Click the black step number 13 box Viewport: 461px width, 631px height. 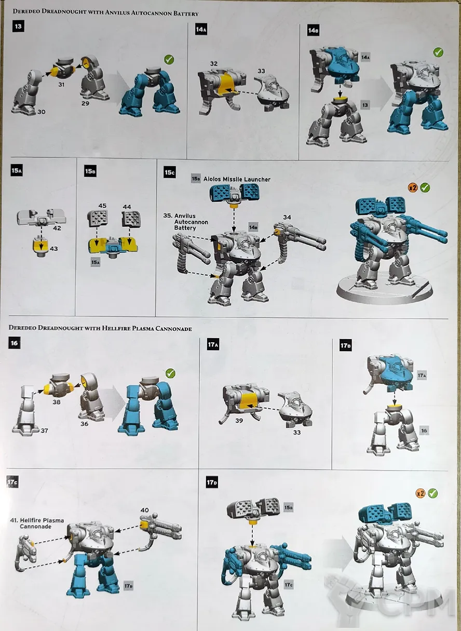pyautogui.click(x=18, y=26)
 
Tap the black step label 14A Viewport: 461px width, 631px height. pyautogui.click(x=201, y=29)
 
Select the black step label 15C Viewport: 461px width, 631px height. pyautogui.click(x=170, y=172)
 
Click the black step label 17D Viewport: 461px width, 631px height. pyautogui.click(x=212, y=482)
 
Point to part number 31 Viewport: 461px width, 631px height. pyautogui.click(x=61, y=84)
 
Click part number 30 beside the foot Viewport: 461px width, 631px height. pyautogui.click(x=42, y=112)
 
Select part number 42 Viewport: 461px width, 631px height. pyautogui.click(x=57, y=228)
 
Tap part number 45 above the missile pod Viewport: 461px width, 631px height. pyautogui.click(x=102, y=206)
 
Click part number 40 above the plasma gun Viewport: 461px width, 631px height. pyautogui.click(x=144, y=510)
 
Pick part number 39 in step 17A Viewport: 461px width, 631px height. pyautogui.click(x=239, y=421)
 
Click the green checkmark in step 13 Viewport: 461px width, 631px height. pyautogui.click(x=169, y=60)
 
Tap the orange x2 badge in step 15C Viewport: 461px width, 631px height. pyautogui.click(x=413, y=187)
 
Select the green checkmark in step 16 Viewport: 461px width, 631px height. pyautogui.click(x=170, y=373)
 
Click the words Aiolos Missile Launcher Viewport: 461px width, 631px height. pyautogui.click(x=237, y=180)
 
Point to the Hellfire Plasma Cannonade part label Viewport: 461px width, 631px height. pyautogui.click(x=37, y=523)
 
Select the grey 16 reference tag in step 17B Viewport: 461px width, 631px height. pyautogui.click(x=424, y=431)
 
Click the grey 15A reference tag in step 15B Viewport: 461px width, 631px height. pyautogui.click(x=96, y=262)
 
